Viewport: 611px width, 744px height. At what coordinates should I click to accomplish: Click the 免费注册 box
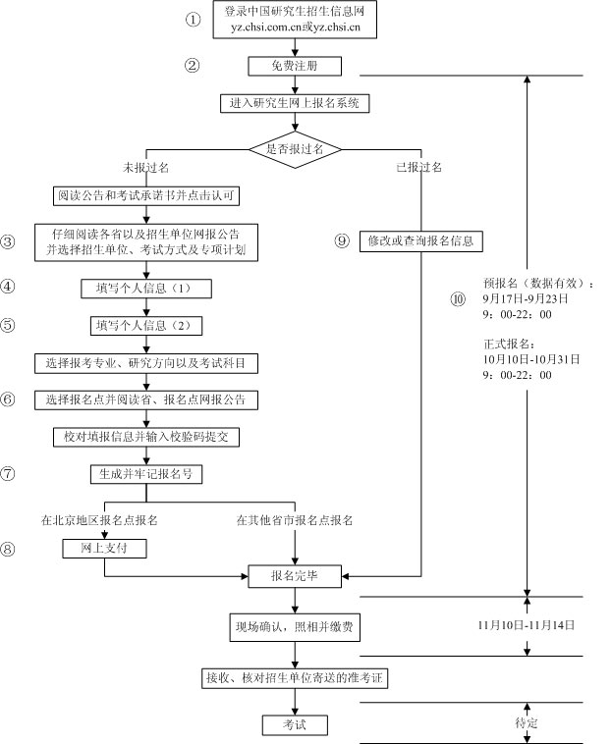(x=295, y=67)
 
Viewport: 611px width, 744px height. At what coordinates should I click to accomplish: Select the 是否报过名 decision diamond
(x=295, y=148)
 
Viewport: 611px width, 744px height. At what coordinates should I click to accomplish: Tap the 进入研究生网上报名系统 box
(x=295, y=102)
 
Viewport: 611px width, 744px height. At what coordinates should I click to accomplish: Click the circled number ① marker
(x=193, y=20)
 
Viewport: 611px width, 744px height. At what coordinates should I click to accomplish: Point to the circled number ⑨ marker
(x=342, y=240)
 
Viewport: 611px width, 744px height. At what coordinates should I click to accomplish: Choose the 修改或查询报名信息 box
(x=422, y=240)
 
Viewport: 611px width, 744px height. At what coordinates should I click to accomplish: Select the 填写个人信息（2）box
(x=146, y=325)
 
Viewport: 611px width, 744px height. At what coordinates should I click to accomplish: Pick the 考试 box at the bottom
(x=295, y=724)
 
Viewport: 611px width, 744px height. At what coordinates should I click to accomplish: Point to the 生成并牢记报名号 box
(x=146, y=473)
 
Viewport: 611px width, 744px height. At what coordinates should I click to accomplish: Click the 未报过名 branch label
(x=146, y=167)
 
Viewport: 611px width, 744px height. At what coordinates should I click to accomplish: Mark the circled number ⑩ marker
(x=458, y=298)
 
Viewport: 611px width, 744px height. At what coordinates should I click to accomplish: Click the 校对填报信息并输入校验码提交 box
(x=146, y=435)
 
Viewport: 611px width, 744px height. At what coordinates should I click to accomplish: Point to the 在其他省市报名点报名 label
(x=294, y=518)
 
